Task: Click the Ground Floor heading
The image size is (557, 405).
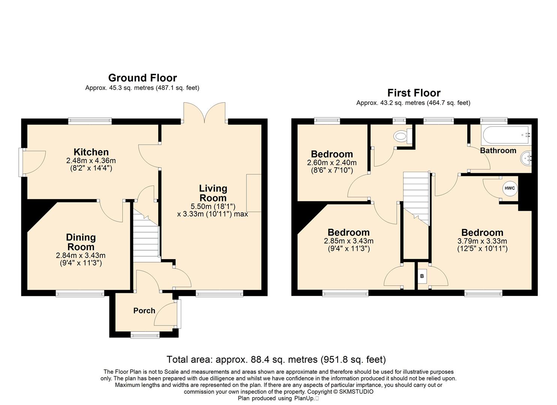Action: (143, 78)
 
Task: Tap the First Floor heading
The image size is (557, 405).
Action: (414, 93)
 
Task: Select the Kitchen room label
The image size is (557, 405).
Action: (91, 152)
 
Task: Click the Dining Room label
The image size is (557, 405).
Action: (81, 242)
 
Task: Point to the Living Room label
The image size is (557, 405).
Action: (213, 193)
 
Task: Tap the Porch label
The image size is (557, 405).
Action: (144, 310)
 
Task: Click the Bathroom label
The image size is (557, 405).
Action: (498, 150)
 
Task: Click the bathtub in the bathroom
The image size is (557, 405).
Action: (506, 135)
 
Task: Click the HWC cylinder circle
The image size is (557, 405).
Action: (510, 188)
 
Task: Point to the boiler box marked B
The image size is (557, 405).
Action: (422, 276)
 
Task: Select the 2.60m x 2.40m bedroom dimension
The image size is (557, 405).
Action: (332, 163)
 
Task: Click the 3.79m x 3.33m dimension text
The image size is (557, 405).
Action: (482, 241)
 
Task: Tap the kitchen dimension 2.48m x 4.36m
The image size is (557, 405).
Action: (91, 160)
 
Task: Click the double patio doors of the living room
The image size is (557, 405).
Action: (204, 112)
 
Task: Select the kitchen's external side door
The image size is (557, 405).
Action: (32, 162)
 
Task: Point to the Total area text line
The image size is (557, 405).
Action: (276, 360)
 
